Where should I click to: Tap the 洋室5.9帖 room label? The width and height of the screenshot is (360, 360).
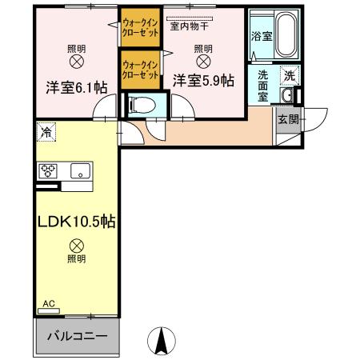[x=203, y=80]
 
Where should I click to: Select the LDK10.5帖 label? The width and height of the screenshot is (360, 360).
[x=76, y=221]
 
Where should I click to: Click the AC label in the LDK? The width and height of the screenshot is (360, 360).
[x=49, y=304]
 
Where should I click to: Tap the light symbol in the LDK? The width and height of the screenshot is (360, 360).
[x=76, y=246]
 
